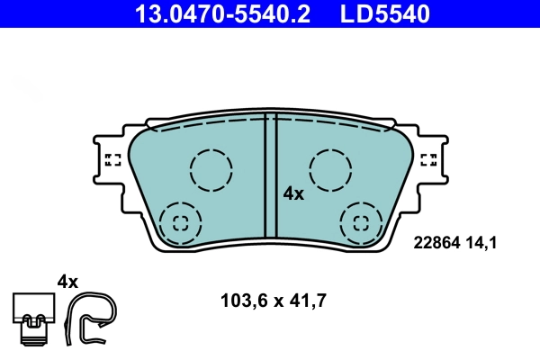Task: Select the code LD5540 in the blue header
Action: [x=383, y=14]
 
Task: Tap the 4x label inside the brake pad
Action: [x=293, y=193]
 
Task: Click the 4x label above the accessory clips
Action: [x=67, y=281]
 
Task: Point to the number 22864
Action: [x=436, y=241]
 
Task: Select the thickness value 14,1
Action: [x=481, y=241]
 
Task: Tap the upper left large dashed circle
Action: [x=211, y=169]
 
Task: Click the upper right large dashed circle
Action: [x=330, y=169]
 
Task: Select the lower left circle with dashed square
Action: [x=179, y=222]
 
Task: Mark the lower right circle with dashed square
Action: [x=362, y=222]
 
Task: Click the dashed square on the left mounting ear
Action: [x=112, y=160]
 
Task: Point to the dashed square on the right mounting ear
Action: [x=428, y=160]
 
